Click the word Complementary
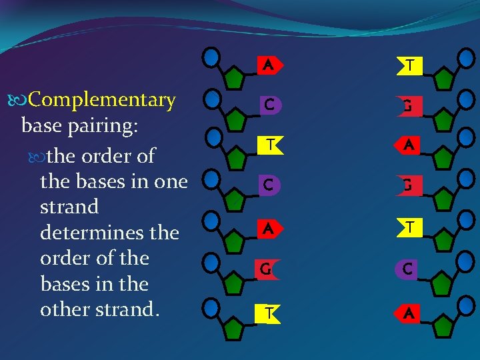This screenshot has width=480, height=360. pyautogui.click(x=102, y=101)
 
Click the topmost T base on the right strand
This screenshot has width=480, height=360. pyautogui.click(x=410, y=65)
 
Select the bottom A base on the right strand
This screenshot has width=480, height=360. pyautogui.click(x=409, y=312)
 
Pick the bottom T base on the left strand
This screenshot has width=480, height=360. pyautogui.click(x=269, y=312)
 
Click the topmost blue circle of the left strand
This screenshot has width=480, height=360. pyautogui.click(x=212, y=57)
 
